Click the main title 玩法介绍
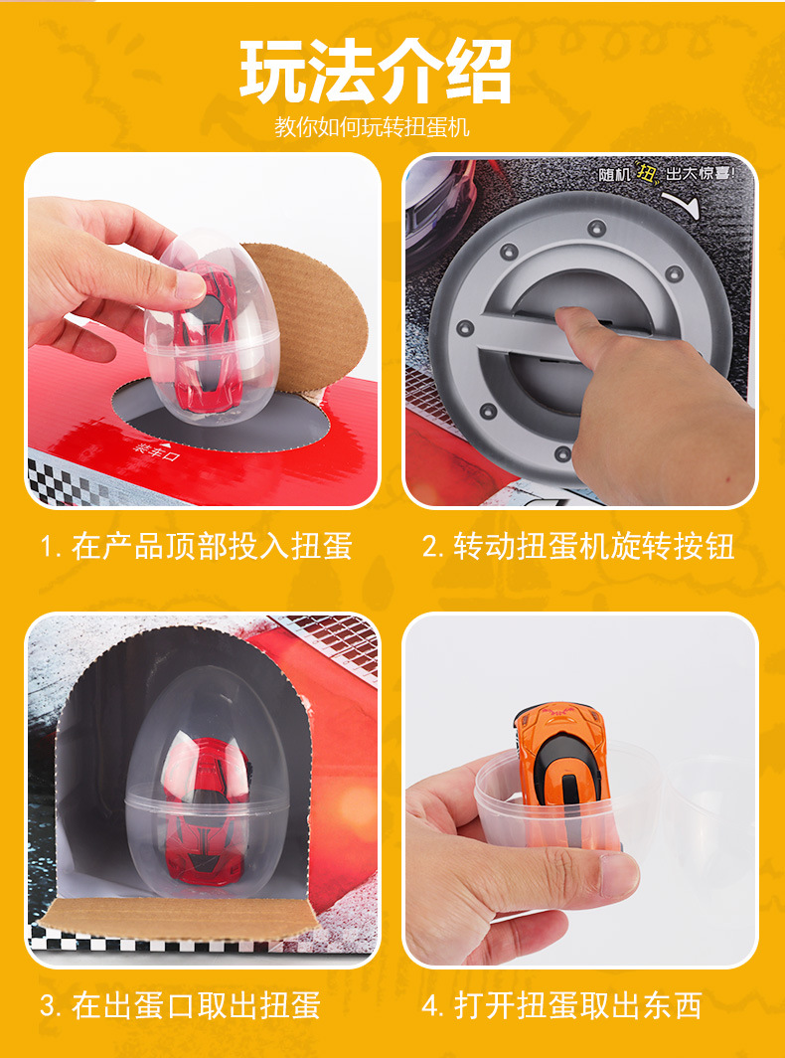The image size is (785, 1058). [376, 72]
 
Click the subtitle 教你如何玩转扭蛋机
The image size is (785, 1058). [372, 127]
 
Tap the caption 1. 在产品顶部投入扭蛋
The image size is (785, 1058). [197, 546]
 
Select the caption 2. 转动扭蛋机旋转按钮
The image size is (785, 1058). [579, 546]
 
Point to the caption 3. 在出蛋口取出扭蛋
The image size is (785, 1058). [181, 1004]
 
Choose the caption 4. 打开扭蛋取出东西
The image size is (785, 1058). [562, 1004]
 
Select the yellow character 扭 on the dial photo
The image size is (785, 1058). [645, 171]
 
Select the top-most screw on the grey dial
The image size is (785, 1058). [593, 225]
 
